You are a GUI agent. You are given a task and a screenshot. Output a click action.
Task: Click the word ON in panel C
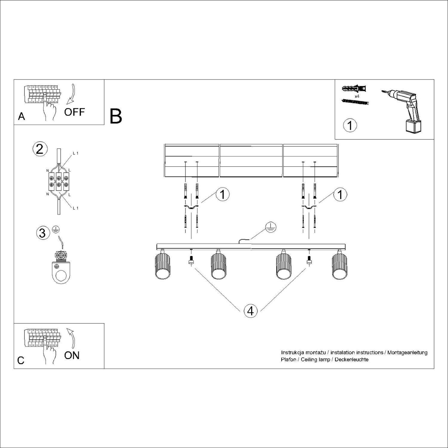[72, 355]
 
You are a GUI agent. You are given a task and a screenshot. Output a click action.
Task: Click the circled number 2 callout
[40, 149]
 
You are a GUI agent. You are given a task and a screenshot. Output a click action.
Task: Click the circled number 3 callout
[42, 233]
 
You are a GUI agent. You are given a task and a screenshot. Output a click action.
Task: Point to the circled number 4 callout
[250, 311]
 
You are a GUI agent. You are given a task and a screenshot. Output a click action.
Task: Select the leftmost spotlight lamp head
[162, 266]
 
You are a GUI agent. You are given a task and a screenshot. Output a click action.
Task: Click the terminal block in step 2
[59, 181]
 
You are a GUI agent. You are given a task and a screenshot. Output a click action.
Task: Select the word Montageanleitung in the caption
[407, 352]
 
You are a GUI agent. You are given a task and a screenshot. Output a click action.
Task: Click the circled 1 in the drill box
[350, 125]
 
